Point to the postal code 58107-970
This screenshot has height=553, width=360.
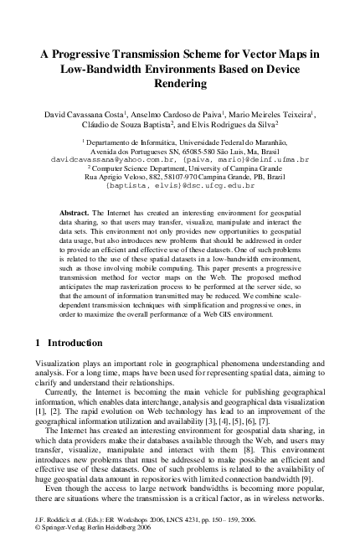coord(173,176)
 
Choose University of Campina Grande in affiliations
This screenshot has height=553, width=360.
coord(227,168)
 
